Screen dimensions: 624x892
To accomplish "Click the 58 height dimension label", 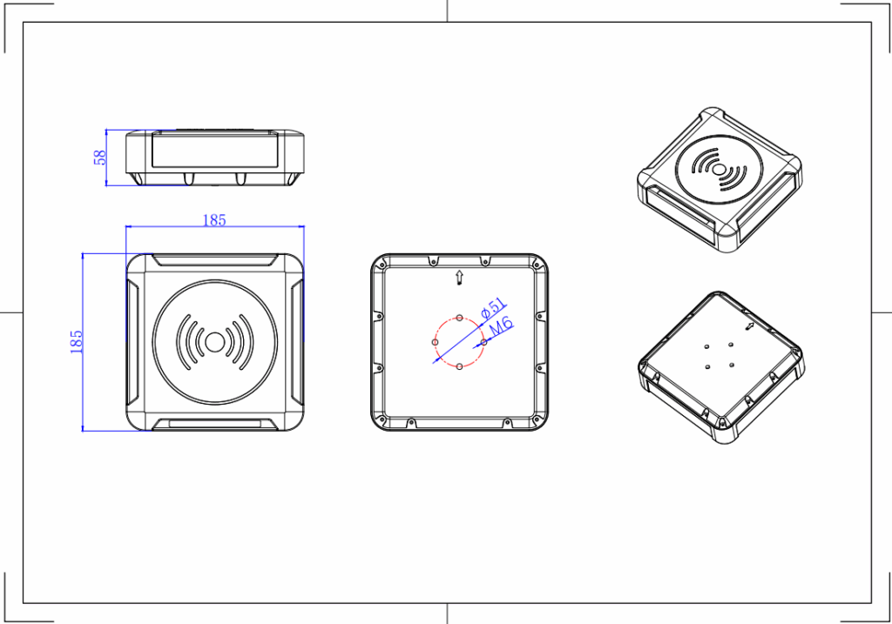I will point(100,158).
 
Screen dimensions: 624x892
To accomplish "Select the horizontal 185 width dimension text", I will point(214,220).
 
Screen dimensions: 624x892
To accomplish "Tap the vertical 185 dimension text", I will point(76,340).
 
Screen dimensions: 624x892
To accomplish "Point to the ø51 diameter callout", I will point(494,309).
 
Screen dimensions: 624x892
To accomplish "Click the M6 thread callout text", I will point(501,328).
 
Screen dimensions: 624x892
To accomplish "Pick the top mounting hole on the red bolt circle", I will point(459,317).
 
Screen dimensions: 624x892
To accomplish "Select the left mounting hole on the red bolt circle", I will point(435,342).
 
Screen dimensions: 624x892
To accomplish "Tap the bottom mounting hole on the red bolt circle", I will point(459,366).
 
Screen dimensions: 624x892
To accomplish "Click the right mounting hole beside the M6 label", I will point(483,342).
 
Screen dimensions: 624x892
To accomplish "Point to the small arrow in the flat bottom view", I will point(459,278).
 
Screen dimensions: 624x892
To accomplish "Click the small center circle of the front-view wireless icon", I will point(214,341).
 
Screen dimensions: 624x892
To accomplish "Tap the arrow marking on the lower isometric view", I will point(750,325).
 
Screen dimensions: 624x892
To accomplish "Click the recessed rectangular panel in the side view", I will point(214,150).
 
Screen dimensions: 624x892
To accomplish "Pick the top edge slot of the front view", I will point(214,262).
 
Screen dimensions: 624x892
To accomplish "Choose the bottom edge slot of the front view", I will point(214,424).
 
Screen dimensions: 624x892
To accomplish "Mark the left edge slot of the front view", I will point(133,342).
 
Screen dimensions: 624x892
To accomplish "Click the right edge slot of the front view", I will point(296,342).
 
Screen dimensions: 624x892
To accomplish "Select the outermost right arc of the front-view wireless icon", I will point(249,341).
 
